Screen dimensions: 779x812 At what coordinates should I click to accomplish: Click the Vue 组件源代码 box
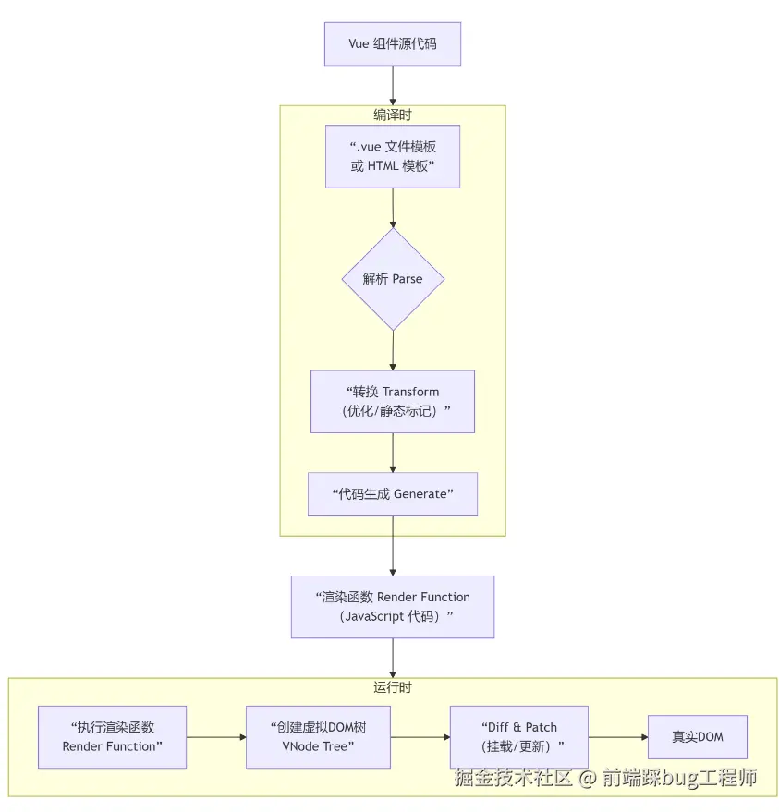393,44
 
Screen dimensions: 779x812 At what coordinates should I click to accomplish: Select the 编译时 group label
393,115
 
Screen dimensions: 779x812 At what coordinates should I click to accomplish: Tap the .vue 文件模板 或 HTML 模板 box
393,156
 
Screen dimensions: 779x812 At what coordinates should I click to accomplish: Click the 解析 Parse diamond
393,279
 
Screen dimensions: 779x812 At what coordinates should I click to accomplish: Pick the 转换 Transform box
393,401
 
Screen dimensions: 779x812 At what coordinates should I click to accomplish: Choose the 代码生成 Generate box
393,494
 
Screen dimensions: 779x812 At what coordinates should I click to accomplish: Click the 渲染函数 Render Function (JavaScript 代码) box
393,606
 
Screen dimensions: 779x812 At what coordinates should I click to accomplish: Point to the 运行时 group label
393,687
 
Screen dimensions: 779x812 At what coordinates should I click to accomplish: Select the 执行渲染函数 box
113,737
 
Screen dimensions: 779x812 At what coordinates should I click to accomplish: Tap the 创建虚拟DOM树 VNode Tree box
318,737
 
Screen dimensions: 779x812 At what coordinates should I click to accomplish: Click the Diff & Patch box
519,737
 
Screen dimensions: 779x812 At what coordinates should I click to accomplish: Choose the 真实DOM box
698,737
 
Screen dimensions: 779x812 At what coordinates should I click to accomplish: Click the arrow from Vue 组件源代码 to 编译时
393,85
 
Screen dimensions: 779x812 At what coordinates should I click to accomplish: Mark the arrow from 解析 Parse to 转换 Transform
393,351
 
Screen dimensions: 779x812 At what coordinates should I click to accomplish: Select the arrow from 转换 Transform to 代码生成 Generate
393,453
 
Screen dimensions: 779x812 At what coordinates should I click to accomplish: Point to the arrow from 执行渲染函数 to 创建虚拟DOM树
216,737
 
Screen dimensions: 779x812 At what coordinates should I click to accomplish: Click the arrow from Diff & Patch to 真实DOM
618,737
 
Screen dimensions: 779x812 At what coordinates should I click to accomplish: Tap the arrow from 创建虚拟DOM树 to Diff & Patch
420,737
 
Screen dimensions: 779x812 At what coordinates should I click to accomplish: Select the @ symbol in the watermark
587,778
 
